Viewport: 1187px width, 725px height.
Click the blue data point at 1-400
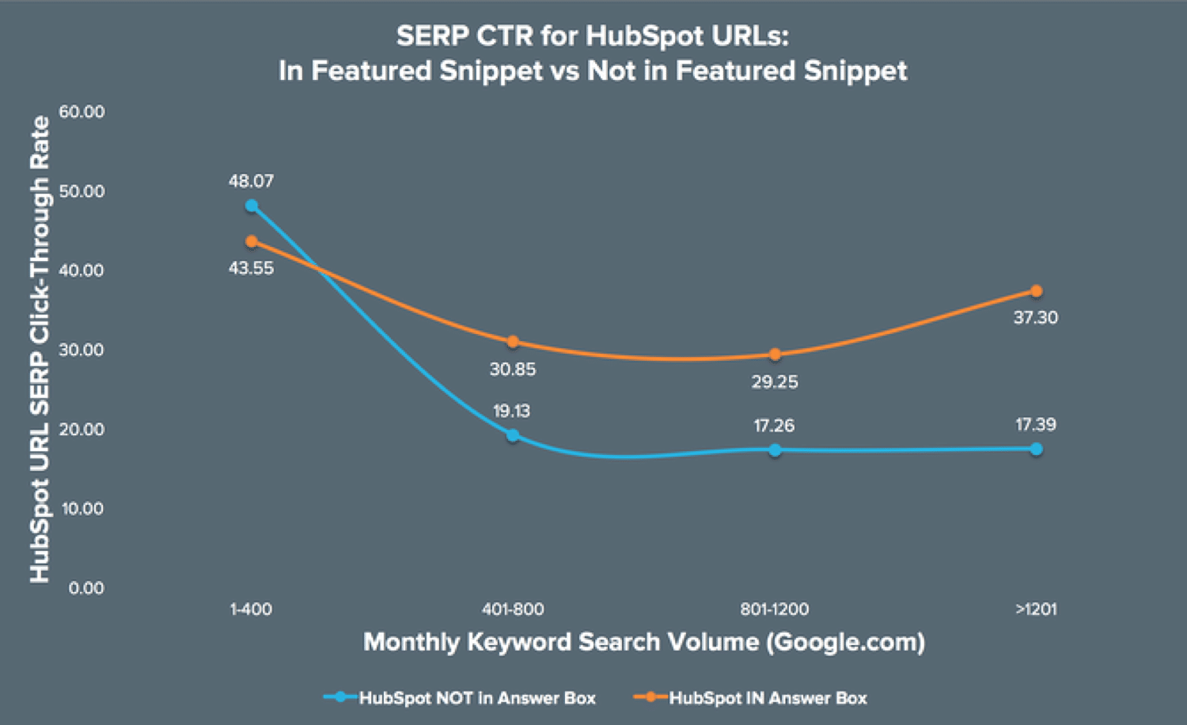click(252, 206)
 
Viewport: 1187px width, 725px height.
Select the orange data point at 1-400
click(252, 241)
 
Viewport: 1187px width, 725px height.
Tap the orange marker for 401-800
click(513, 342)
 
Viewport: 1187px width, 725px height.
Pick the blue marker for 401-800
click(513, 435)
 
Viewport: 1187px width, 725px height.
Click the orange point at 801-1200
click(775, 355)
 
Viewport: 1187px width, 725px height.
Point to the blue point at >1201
click(1036, 449)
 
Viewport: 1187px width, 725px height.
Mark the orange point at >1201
click(1036, 291)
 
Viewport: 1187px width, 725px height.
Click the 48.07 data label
click(251, 181)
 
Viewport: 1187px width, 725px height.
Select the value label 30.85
click(513, 369)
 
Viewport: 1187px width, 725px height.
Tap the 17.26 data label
click(774, 426)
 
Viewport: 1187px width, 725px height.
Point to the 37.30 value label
click(1035, 317)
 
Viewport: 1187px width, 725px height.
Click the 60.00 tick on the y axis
click(82, 112)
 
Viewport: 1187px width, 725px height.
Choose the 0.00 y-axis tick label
click(86, 588)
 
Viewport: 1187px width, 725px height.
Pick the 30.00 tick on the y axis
click(82, 350)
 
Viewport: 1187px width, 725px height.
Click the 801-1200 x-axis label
click(774, 609)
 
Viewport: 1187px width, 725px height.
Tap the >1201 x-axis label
click(1036, 609)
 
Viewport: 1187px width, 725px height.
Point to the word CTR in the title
click(505, 36)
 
